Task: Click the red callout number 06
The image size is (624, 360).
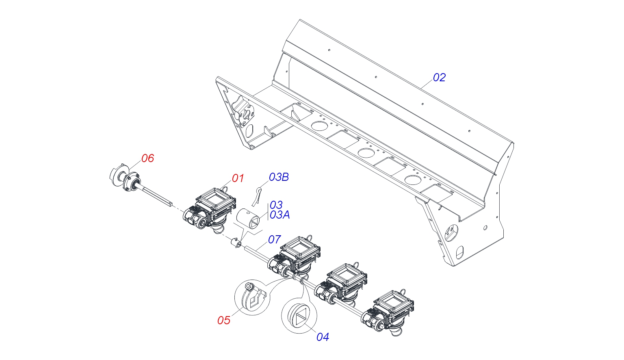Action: [x=147, y=158]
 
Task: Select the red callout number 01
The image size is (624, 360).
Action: [x=238, y=178]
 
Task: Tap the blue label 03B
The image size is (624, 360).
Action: [x=279, y=177]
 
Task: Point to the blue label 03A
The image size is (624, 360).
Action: [x=279, y=215]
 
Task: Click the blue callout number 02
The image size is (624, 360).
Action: [x=439, y=77]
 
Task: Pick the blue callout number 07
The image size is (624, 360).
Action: [x=274, y=239]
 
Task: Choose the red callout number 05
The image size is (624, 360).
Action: [x=224, y=320]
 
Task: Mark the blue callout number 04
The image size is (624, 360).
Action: [x=323, y=337]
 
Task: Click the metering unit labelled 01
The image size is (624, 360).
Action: [x=211, y=209]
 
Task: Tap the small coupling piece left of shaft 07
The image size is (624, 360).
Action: [x=235, y=243]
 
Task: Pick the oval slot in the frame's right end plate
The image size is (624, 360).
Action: [x=459, y=252]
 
